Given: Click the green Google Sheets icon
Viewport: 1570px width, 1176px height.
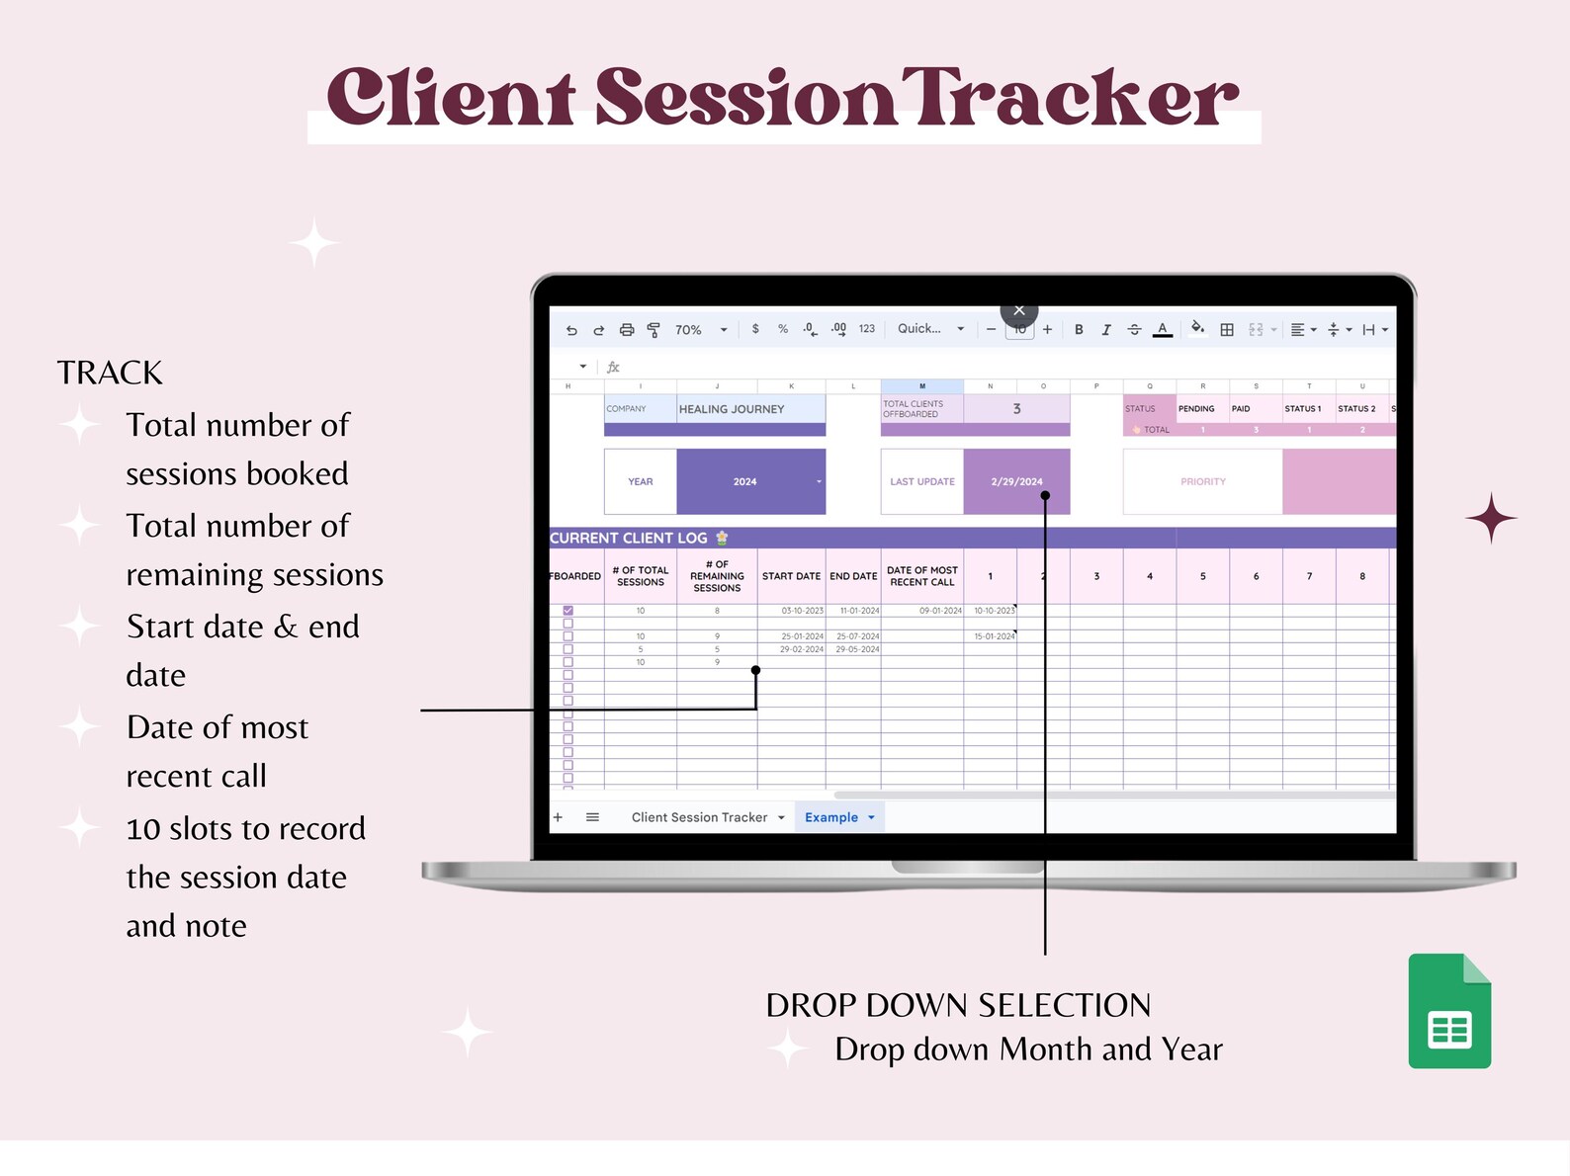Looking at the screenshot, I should pyautogui.click(x=1449, y=1011).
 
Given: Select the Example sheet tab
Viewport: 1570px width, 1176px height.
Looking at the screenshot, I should pyautogui.click(x=831, y=817).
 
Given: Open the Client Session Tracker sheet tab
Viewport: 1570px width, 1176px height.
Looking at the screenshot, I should pyautogui.click(x=699, y=817).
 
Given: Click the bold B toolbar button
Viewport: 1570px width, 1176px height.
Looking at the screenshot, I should pyautogui.click(x=1079, y=330).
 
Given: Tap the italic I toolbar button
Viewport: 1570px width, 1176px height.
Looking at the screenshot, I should pyautogui.click(x=1106, y=330).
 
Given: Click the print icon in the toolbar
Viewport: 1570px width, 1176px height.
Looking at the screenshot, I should pyautogui.click(x=627, y=330).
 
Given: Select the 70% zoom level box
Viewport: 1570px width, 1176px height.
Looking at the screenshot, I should pyautogui.click(x=689, y=330).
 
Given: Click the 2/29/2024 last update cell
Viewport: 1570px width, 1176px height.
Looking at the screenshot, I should pyautogui.click(x=1016, y=481).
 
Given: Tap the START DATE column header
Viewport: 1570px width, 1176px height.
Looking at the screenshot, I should pyautogui.click(x=791, y=576).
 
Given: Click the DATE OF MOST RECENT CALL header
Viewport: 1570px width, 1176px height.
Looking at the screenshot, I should pyautogui.click(x=921, y=576).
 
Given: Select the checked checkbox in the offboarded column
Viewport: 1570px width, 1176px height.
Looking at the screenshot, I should pyautogui.click(x=567, y=611).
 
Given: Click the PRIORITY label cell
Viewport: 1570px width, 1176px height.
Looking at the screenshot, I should pyautogui.click(x=1202, y=481).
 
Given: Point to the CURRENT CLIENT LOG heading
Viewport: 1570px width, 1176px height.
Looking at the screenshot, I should pyautogui.click(x=629, y=539).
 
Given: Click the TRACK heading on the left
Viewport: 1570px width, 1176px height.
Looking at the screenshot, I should pyautogui.click(x=110, y=373).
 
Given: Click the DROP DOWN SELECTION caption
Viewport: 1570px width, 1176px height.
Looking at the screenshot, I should pyautogui.click(x=958, y=1005).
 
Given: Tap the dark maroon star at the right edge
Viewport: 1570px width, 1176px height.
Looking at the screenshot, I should pyautogui.click(x=1491, y=518).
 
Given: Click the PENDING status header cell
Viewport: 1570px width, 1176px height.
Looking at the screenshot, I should pyautogui.click(x=1196, y=409).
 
